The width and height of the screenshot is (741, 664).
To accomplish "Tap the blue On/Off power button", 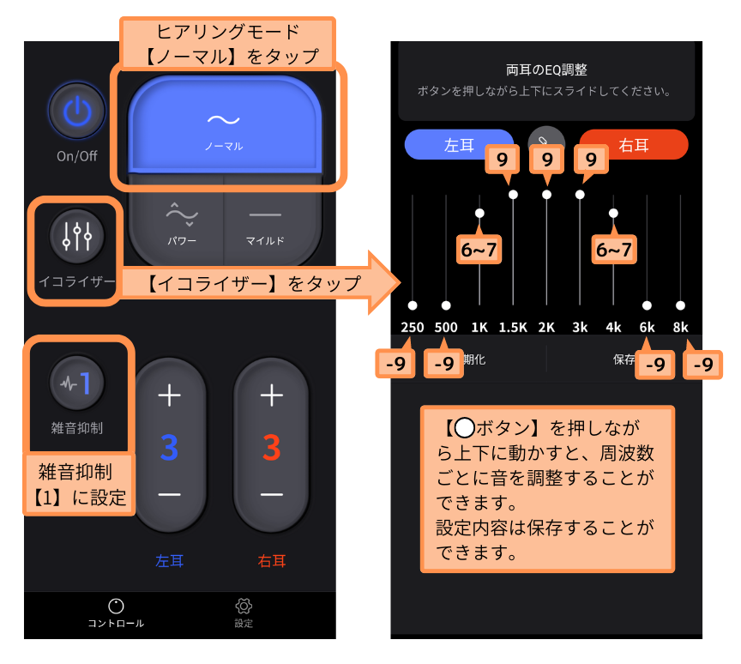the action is [77, 112].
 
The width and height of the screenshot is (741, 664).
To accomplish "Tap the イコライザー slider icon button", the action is [77, 236].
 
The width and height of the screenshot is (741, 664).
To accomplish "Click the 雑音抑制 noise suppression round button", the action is [77, 383].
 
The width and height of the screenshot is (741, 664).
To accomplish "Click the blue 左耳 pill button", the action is [458, 145].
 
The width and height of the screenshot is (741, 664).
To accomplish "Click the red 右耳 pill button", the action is [633, 145].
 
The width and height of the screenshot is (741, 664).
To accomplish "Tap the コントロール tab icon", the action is [116, 606].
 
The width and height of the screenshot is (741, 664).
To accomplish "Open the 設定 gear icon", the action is [244, 606].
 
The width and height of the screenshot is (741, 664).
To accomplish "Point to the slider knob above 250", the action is [413, 305].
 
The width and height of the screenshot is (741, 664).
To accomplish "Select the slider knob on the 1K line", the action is [479, 213].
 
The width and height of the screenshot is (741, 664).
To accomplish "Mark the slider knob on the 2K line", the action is [547, 194].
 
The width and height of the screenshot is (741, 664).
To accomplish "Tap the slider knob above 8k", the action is [680, 305].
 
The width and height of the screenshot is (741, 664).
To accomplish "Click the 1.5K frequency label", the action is [513, 327].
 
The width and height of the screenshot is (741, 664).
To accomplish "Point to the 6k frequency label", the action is [647, 327].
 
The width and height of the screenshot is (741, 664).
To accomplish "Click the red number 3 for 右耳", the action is [272, 448].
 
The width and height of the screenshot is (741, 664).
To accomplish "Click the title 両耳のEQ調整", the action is [546, 70].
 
